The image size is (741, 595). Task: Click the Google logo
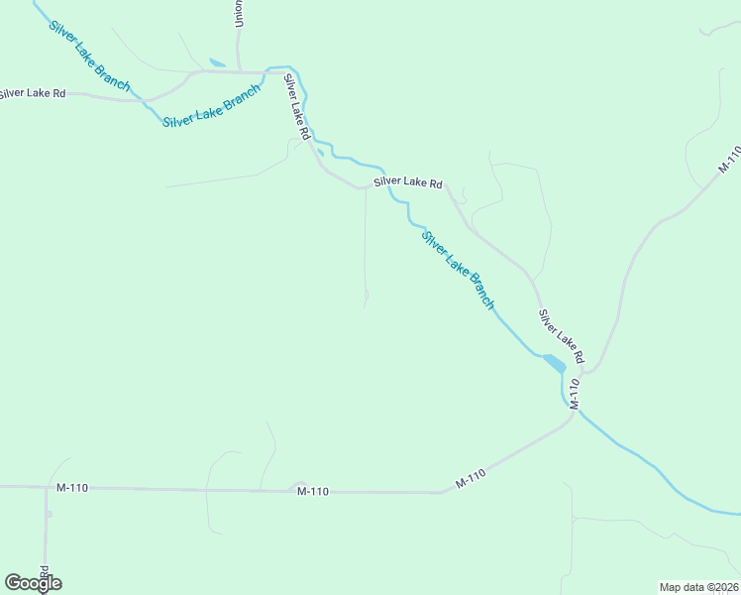point(33,582)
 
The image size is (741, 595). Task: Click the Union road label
point(239,14)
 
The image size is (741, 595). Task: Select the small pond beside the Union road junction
point(217,62)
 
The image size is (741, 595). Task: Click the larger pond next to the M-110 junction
point(553,362)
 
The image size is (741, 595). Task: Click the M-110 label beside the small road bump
point(312,491)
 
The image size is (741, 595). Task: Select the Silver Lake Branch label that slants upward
point(211,105)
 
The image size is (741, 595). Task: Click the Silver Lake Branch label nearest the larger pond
point(457,270)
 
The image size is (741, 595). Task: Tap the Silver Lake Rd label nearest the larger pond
point(562,335)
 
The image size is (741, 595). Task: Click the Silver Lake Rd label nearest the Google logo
point(33,93)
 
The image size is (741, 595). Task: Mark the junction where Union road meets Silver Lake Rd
point(240,71)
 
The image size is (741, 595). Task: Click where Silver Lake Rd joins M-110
point(585,373)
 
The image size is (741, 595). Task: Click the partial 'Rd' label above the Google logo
point(45,572)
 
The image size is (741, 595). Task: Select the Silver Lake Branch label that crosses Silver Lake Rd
point(89,56)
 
